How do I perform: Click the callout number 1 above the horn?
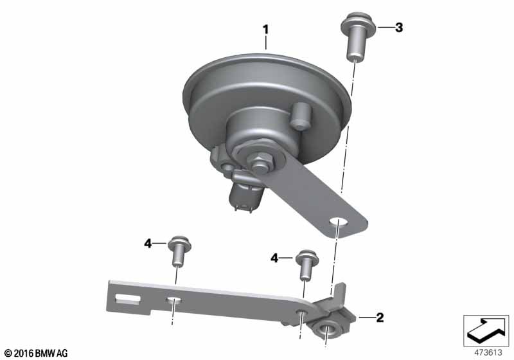tap(266, 30)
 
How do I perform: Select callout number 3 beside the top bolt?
tap(398, 28)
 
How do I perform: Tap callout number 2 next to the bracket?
tap(380, 318)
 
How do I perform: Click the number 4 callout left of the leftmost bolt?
tap(148, 244)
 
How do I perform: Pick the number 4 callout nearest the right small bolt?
tap(274, 258)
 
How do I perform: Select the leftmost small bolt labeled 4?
tap(179, 251)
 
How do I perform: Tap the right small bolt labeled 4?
tap(307, 265)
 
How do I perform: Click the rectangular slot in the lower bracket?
tap(128, 299)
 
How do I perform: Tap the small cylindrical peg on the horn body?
tap(300, 116)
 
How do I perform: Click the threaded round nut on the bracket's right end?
tap(326, 328)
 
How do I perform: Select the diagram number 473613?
tap(488, 352)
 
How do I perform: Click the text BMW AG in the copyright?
tap(51, 354)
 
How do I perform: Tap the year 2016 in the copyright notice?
tap(24, 354)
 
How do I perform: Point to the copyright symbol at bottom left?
tap(8, 354)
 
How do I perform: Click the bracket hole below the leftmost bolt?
tap(174, 300)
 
